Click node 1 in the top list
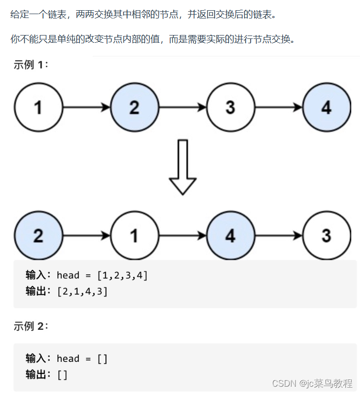pos(38,107)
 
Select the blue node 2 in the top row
pos(135,107)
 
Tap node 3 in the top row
pos(230,107)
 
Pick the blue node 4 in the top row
pos(326,107)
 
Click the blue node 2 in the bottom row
pos(38,236)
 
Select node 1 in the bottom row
pos(135,236)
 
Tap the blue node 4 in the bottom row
pos(230,236)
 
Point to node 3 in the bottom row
pos(326,236)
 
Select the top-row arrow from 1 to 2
pos(86,107)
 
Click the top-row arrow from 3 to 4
pos(278,107)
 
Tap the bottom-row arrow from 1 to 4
pos(183,236)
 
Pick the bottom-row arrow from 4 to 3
pos(278,236)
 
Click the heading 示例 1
pos(31,65)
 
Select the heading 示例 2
pos(31,326)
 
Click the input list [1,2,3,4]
pos(122,275)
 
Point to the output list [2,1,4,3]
pos(82,291)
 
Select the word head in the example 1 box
pos(68,275)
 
